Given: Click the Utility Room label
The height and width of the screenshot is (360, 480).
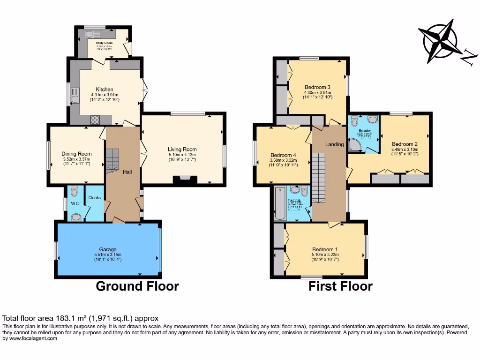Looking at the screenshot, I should click(104, 43).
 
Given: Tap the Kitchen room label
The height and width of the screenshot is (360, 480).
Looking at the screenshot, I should click(105, 89).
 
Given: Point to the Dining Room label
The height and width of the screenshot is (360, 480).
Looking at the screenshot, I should click(76, 154).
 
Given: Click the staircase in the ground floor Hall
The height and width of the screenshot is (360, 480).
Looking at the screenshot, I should click(112, 159).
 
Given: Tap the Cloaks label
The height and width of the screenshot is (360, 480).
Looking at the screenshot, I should click(95, 198).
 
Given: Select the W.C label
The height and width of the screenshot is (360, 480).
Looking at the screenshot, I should click(75, 203).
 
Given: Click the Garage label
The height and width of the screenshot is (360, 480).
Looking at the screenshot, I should click(107, 249).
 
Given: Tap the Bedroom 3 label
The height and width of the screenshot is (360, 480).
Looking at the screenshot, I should click(317, 87).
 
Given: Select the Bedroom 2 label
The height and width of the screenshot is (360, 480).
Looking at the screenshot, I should click(405, 144).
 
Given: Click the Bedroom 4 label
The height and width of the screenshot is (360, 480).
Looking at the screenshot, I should click(283, 155).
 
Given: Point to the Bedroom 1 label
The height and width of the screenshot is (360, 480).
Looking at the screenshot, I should click(325, 249).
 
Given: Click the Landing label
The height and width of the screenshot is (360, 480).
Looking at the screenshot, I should click(335, 144).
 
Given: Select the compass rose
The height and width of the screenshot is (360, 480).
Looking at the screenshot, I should click(442, 41).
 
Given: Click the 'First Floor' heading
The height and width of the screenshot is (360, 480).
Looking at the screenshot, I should click(340, 286).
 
